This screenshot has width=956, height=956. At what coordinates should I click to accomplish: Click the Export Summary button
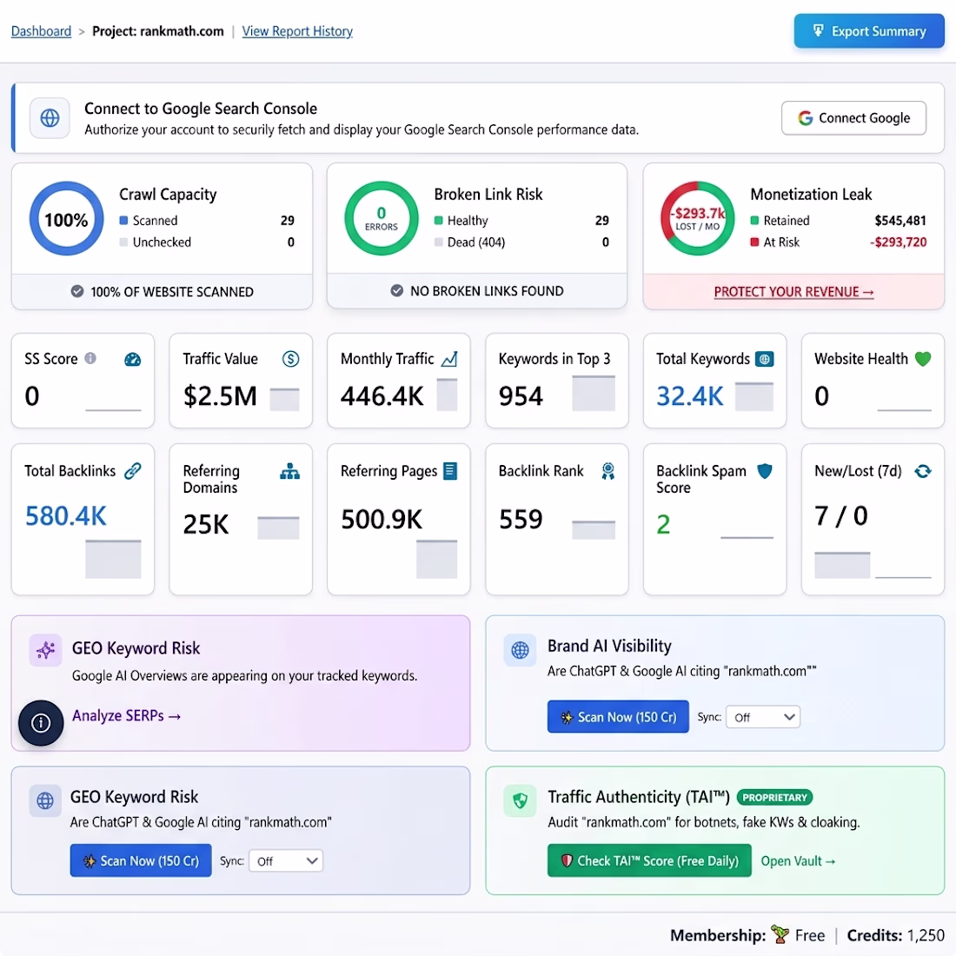pos(869,31)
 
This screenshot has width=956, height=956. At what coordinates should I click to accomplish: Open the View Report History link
pos(297,31)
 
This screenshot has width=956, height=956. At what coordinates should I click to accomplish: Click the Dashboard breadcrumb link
pos(41,31)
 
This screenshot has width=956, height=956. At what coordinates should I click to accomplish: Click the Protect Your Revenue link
pos(793,292)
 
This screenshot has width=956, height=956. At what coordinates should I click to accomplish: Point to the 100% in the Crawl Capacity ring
pos(66,220)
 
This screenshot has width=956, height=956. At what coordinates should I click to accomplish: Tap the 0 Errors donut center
pos(381,218)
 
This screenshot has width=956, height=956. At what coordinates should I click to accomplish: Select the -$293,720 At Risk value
pos(898,242)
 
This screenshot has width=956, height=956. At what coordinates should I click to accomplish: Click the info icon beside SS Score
pos(90,358)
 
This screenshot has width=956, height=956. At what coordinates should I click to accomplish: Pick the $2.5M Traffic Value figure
pos(220,395)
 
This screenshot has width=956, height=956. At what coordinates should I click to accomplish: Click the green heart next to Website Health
pos(923,359)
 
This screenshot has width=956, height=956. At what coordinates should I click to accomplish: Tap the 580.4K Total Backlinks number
pos(65,515)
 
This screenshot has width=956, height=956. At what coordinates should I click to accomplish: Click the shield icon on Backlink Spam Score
pos(765,471)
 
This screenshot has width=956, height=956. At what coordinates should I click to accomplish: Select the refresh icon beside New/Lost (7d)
pos(923,471)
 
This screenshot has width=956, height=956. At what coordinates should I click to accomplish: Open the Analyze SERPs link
pos(126,715)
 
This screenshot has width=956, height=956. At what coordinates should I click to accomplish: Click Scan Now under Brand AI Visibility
pos(618,716)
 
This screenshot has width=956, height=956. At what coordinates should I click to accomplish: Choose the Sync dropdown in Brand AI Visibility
pos(763,717)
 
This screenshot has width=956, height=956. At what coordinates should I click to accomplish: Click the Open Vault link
pos(798,861)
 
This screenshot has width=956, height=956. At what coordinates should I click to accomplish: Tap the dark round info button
pos(41,723)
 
